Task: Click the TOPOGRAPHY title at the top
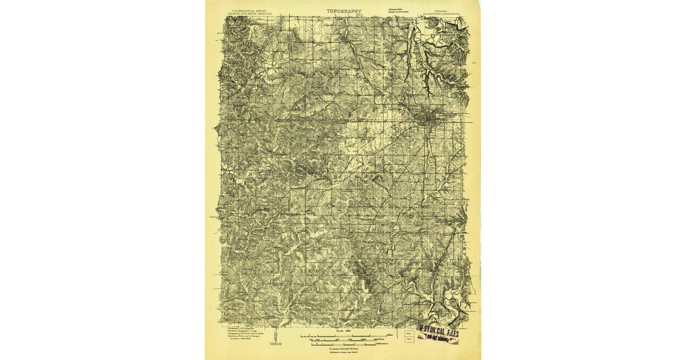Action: click(x=344, y=11)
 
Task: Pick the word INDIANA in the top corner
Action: click(x=442, y=9)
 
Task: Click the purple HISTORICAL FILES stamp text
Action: click(x=439, y=330)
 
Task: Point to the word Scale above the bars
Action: click(x=339, y=330)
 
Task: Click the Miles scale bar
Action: click(x=343, y=335)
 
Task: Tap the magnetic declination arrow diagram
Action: click(x=276, y=337)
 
